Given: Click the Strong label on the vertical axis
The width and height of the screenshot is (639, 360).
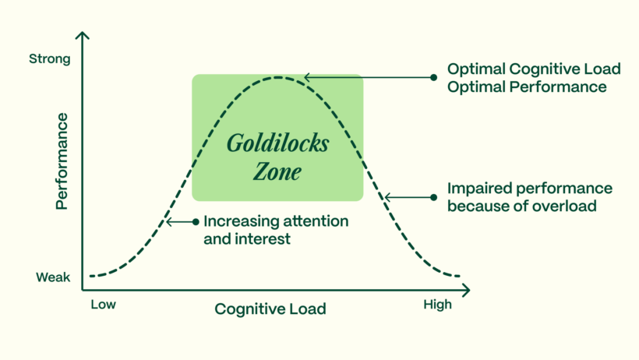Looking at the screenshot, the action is pyautogui.click(x=49, y=58).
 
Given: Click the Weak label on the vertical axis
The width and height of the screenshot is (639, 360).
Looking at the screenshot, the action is pyautogui.click(x=53, y=277).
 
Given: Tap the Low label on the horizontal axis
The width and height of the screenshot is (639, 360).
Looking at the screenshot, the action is pyautogui.click(x=103, y=304).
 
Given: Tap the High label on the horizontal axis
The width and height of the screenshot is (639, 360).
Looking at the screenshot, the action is pyautogui.click(x=437, y=304).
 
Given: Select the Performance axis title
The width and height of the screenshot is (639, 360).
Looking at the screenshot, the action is pyautogui.click(x=62, y=161).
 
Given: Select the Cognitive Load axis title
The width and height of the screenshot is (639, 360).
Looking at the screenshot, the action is pyautogui.click(x=270, y=309).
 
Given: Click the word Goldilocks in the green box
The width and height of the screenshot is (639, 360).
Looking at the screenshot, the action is pyautogui.click(x=277, y=144).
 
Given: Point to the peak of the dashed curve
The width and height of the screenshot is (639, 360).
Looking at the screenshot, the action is pyautogui.click(x=277, y=77).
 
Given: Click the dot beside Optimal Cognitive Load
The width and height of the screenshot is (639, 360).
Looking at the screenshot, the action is pyautogui.click(x=434, y=77).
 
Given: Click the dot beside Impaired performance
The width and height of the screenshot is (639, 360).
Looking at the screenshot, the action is pyautogui.click(x=433, y=197).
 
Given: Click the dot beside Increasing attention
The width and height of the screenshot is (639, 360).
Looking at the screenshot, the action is pyautogui.click(x=196, y=222).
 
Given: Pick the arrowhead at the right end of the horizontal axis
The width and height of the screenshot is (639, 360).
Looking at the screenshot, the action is pyautogui.click(x=468, y=290).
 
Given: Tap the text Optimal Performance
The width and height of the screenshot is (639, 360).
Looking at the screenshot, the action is pyautogui.click(x=527, y=87).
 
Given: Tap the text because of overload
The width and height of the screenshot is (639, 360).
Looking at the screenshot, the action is pyautogui.click(x=522, y=206).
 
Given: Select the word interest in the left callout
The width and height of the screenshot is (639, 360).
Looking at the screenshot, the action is pyautogui.click(x=265, y=239).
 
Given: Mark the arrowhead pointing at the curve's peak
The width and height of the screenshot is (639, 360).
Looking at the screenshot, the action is pyautogui.click(x=307, y=77).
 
